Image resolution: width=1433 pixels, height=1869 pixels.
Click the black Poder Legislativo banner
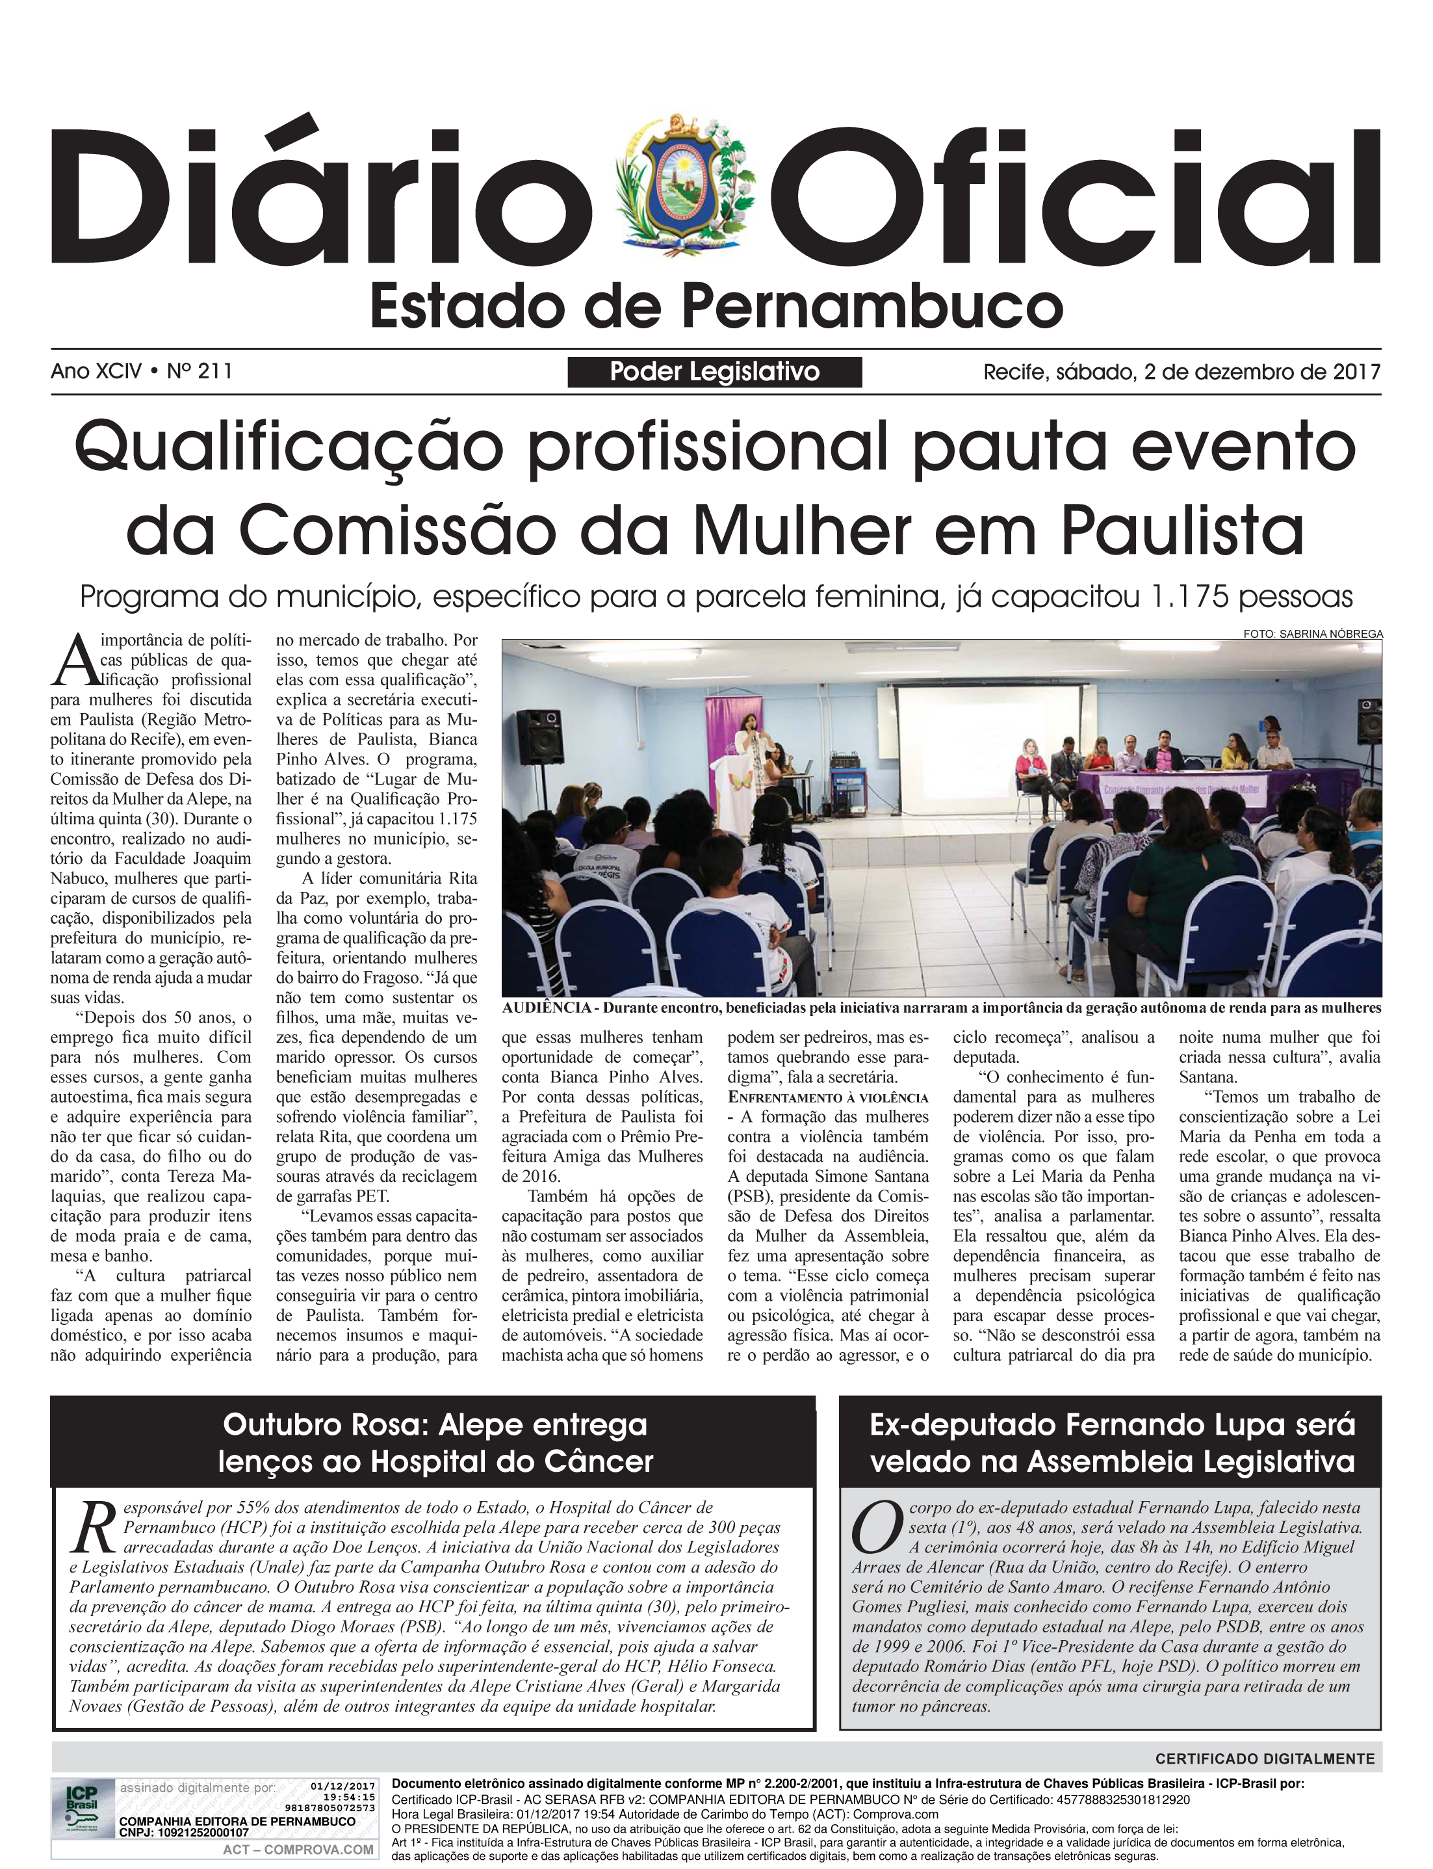click(x=714, y=372)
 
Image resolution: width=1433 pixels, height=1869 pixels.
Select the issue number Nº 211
click(x=200, y=371)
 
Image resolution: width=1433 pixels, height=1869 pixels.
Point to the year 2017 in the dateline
click(x=1356, y=372)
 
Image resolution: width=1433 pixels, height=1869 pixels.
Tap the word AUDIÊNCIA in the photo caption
click(x=546, y=1008)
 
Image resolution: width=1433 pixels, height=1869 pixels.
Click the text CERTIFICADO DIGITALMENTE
click(x=1264, y=1759)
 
